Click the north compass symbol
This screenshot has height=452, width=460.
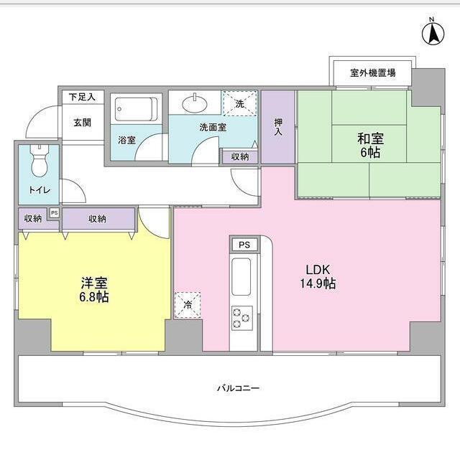[433, 32]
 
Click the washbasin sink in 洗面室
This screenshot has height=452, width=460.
[195, 104]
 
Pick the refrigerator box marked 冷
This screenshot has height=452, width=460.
[186, 304]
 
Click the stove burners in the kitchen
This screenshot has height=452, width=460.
[241, 316]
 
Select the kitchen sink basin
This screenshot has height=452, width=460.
[241, 276]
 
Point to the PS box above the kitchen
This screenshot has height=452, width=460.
[244, 245]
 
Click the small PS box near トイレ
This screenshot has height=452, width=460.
[54, 213]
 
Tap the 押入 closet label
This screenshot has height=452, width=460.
[277, 127]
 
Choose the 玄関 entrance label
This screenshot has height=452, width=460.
[82, 122]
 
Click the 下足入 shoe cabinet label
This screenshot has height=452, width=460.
[82, 96]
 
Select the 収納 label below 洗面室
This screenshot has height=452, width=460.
[240, 156]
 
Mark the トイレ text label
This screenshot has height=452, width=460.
[40, 192]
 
